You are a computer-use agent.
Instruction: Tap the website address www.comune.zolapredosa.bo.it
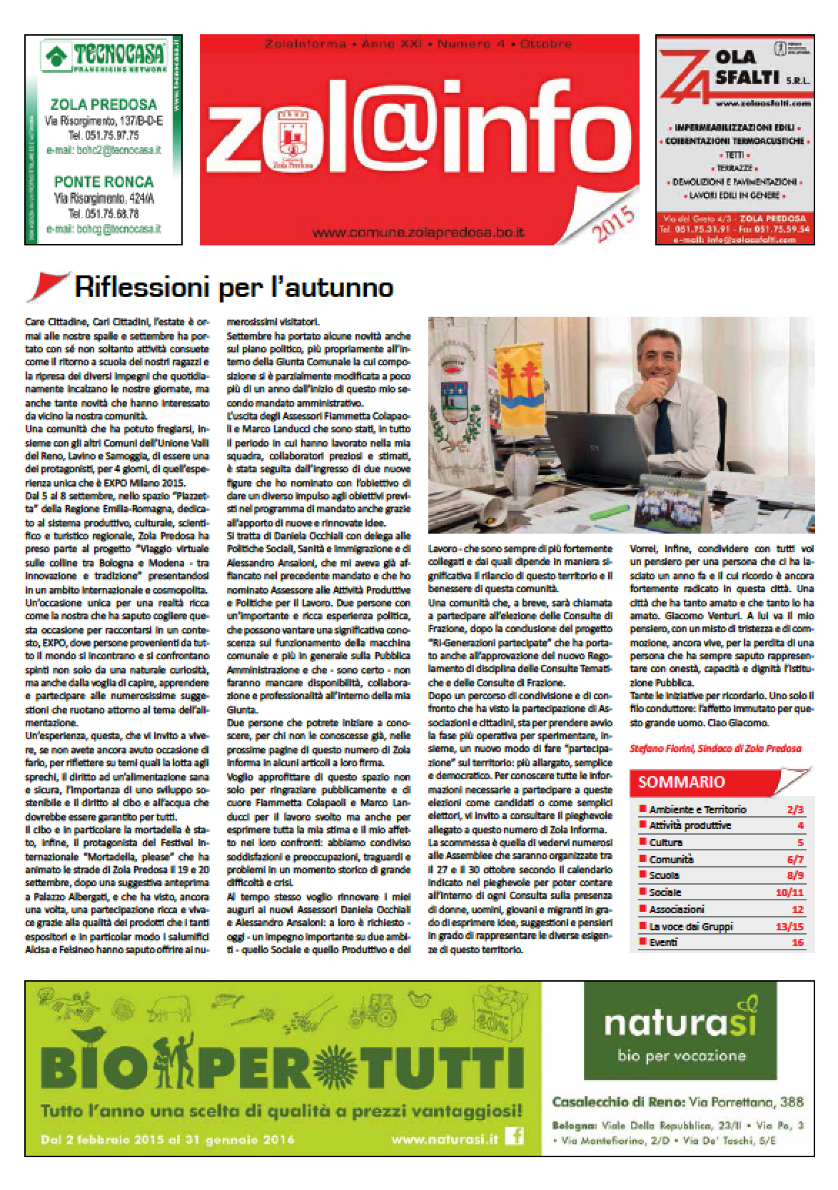pos(419,233)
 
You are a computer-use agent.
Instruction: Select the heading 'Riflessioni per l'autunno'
pos(233,288)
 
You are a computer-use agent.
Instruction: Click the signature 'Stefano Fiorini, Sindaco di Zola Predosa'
pos(715,748)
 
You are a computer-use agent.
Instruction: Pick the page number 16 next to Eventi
pos(797,942)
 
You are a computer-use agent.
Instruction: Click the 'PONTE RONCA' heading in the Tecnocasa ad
pos(104,181)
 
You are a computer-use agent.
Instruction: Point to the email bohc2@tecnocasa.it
pos(104,151)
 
